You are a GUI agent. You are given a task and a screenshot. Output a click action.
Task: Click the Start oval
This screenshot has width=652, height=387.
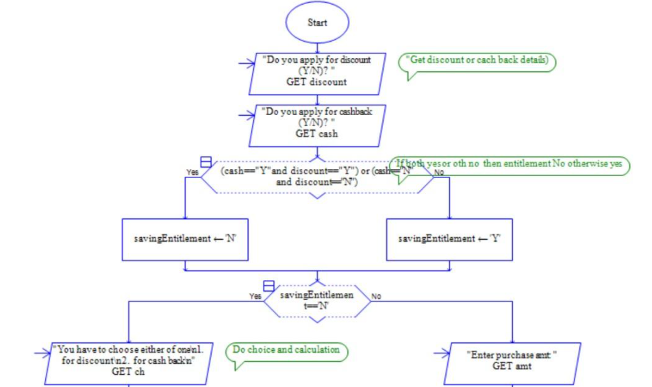coord(317,23)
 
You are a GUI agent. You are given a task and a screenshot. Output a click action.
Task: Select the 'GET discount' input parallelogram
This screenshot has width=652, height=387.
coord(316,73)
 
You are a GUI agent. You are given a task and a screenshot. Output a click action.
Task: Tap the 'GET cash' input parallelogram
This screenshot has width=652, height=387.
coord(316,125)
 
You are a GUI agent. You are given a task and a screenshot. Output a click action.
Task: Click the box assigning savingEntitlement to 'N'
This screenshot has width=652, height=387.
coord(184,239)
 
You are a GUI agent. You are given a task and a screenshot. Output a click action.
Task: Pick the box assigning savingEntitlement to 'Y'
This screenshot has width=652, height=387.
coord(449,239)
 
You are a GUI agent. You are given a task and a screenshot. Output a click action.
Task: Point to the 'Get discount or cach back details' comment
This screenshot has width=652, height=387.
coord(477,62)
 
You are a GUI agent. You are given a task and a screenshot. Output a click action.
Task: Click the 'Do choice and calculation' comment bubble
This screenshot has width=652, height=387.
coord(286,351)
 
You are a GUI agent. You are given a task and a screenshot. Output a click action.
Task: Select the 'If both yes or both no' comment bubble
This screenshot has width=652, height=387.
coord(510,166)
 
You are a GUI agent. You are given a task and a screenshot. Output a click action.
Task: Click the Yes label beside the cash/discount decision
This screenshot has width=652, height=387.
coord(192,173)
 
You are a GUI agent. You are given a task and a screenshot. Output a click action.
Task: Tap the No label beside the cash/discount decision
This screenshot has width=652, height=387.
coord(439,173)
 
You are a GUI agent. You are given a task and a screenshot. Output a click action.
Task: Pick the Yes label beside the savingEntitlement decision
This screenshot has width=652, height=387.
coord(255,297)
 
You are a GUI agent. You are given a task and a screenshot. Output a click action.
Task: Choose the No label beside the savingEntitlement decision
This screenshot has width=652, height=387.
coord(376,297)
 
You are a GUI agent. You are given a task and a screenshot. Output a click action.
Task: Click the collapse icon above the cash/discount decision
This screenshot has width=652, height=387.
coord(205,162)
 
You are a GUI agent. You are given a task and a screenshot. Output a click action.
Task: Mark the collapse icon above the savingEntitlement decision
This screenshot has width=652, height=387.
coord(269,286)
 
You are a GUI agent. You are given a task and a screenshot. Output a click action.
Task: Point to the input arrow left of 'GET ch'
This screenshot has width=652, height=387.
coord(42,353)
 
